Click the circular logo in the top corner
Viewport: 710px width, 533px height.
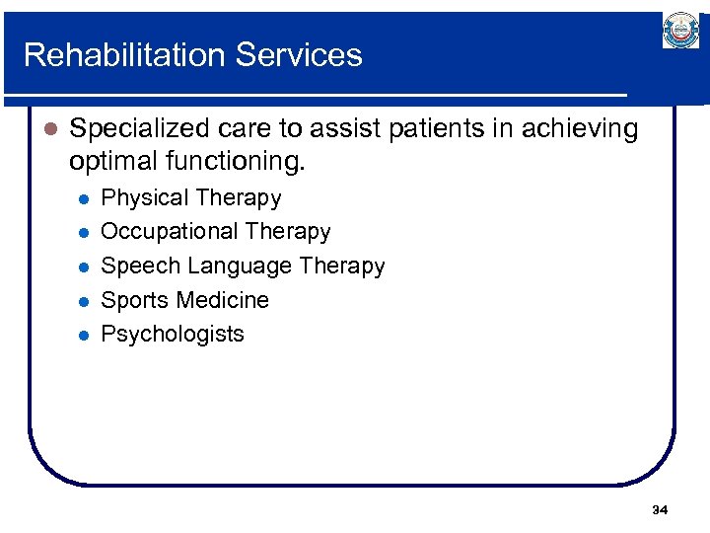point(680,32)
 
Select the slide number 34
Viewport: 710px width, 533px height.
point(660,510)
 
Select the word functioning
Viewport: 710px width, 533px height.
point(239,160)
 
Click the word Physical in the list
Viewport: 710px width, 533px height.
point(143,198)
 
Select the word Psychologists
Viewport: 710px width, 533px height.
point(173,335)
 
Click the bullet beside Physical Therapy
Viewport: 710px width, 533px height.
point(84,198)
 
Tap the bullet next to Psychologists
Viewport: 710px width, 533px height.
point(84,335)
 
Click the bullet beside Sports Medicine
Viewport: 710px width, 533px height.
point(84,301)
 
